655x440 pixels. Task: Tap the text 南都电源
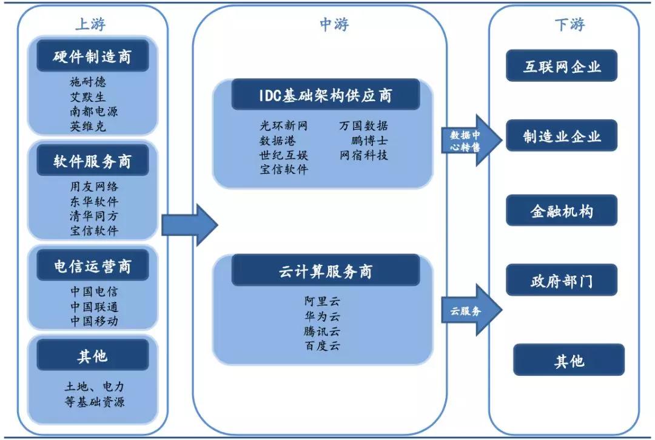[93, 112]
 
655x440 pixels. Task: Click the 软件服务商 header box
[92, 161]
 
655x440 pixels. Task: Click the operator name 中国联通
[93, 306]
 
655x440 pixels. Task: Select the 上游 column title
[90, 24]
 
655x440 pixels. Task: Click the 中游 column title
[334, 24]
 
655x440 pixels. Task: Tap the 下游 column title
[569, 24]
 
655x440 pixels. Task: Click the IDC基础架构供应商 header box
[325, 95]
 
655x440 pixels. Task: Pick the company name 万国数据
[363, 126]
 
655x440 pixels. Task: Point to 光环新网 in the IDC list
[283, 126]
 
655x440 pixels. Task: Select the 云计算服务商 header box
[325, 270]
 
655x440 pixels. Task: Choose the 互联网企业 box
[562, 66]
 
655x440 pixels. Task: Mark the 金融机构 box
[562, 211]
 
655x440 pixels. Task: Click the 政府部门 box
[562, 281]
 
